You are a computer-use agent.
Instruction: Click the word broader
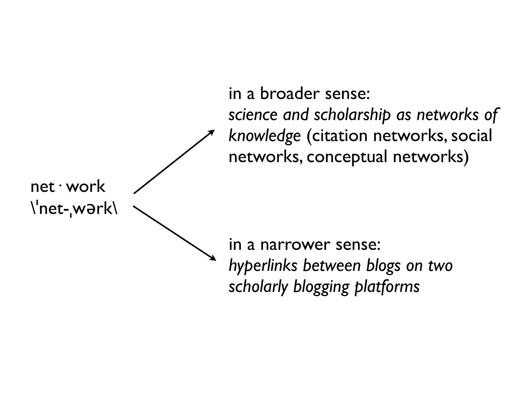click(x=289, y=94)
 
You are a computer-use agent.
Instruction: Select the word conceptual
click(x=347, y=157)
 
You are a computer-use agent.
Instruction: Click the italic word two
click(x=440, y=266)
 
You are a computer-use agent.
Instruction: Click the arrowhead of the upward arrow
click(x=212, y=132)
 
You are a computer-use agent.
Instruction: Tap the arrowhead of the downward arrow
click(x=213, y=259)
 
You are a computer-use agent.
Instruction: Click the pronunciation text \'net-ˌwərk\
click(x=74, y=209)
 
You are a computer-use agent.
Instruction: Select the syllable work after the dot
click(x=86, y=187)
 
